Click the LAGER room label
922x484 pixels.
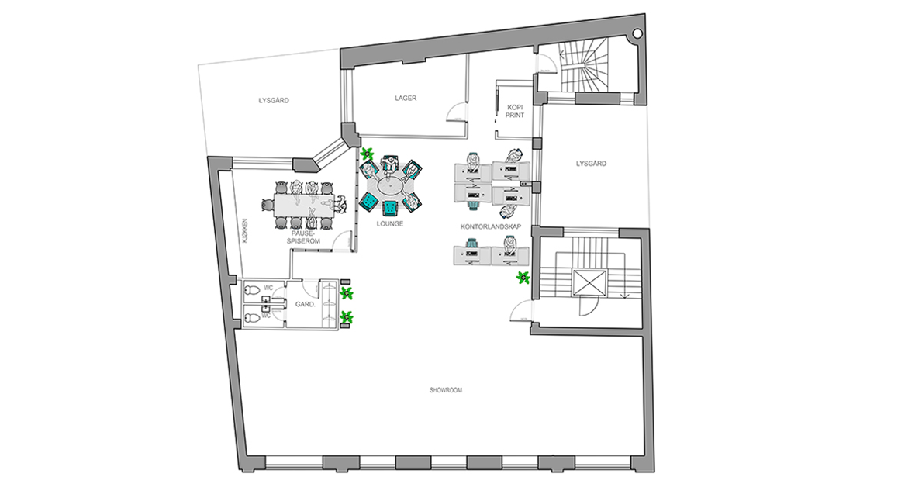[406, 99]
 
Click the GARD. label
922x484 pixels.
[305, 304]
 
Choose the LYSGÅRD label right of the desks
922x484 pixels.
[591, 164]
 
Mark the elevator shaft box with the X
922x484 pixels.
[588, 282]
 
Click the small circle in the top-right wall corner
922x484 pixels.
[637, 33]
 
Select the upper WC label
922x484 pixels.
[268, 288]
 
